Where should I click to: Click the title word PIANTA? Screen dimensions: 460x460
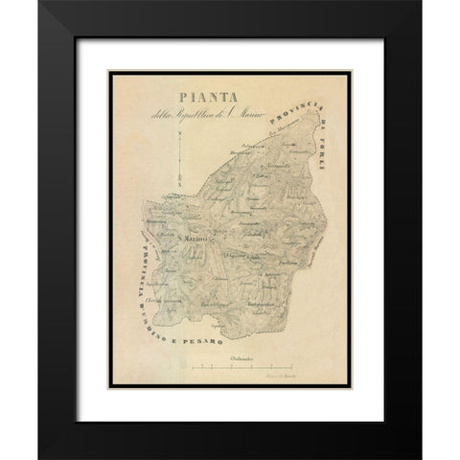[x=202, y=97]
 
